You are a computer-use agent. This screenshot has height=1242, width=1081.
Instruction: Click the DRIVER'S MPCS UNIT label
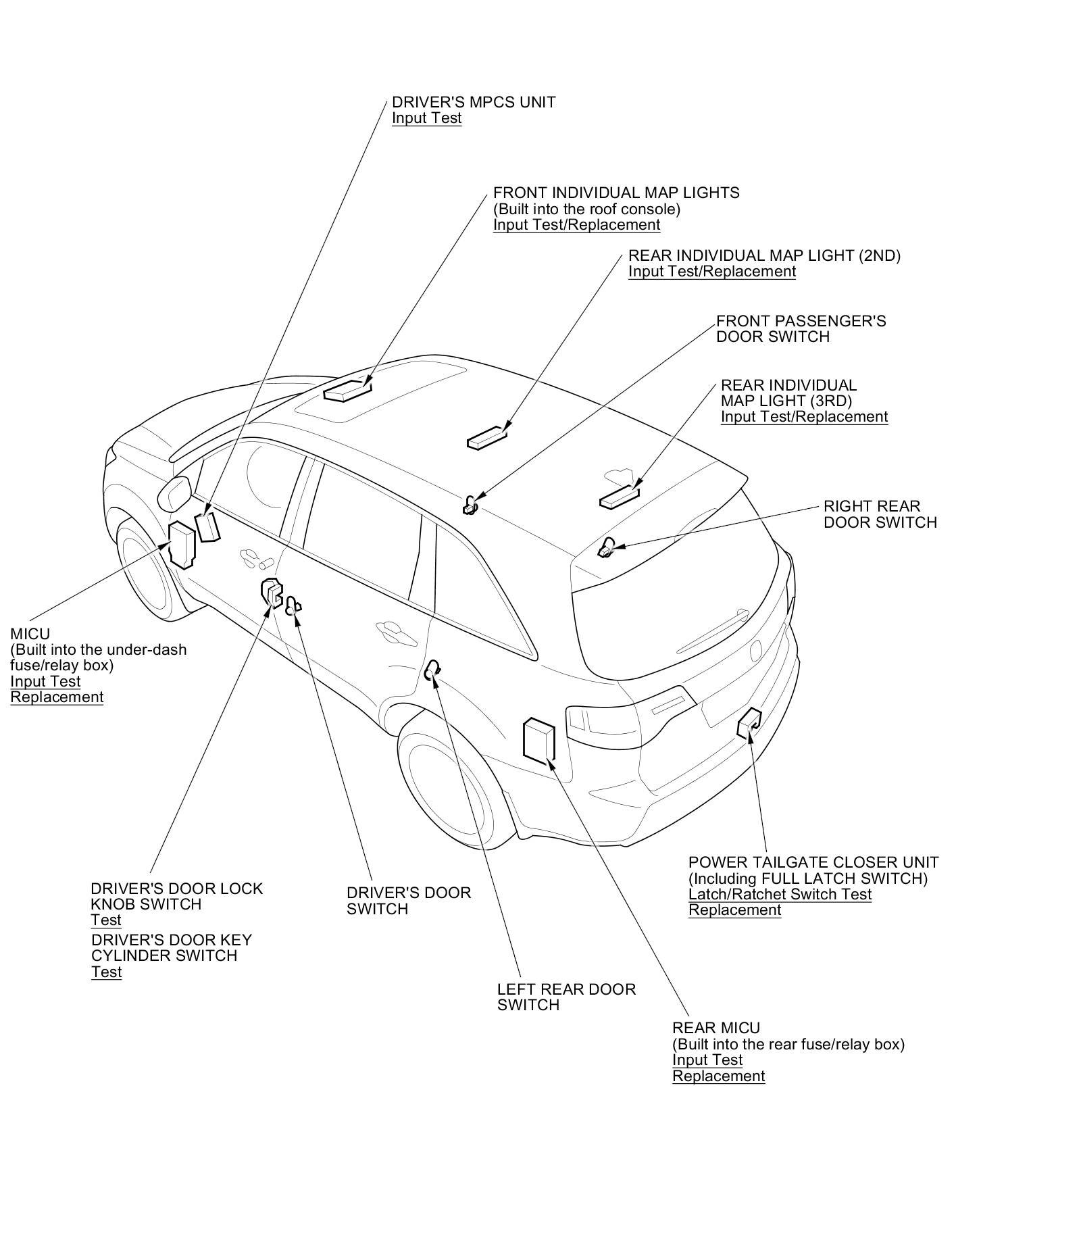click(474, 102)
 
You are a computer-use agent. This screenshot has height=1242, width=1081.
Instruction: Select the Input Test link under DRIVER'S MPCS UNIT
click(426, 118)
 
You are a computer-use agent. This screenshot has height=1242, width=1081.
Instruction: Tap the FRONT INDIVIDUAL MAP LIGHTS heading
click(616, 193)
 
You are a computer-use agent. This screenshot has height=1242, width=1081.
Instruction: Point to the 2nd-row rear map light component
click(486, 437)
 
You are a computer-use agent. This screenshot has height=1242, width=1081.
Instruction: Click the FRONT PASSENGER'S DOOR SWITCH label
click(801, 328)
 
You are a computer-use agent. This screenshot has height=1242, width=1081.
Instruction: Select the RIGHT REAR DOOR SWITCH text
click(880, 514)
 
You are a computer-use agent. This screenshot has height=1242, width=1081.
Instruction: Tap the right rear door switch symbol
click(605, 547)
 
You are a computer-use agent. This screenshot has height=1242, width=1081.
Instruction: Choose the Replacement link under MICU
click(57, 697)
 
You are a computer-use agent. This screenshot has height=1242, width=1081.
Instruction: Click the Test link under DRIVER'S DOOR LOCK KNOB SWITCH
click(106, 920)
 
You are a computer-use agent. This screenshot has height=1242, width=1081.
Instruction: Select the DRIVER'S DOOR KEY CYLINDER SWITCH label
click(171, 948)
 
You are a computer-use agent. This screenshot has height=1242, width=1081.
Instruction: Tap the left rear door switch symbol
click(432, 671)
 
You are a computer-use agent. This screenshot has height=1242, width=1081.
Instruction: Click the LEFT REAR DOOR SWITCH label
click(566, 997)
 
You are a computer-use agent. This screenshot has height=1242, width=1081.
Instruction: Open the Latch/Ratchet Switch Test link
click(780, 895)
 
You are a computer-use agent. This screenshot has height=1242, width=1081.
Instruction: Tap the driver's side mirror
click(174, 493)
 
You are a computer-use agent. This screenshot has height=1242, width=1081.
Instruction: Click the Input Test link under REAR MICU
click(707, 1060)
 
